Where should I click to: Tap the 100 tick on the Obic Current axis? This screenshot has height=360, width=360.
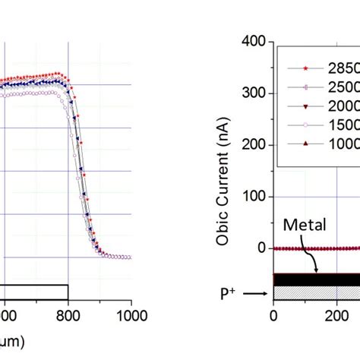254,197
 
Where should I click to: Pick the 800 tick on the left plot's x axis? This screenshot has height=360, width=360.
68,312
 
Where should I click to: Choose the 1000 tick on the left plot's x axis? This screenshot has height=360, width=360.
131,312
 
